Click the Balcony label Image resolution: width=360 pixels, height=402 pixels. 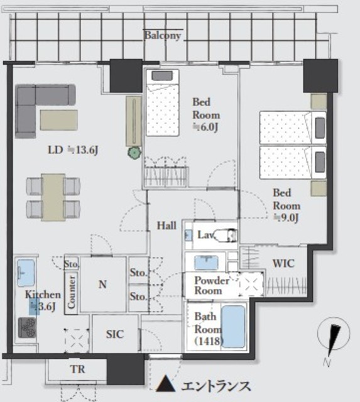point(163,35)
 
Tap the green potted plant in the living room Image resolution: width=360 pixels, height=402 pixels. point(134,153)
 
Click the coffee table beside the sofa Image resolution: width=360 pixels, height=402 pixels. point(58,120)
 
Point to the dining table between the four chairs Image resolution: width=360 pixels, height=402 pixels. point(53,197)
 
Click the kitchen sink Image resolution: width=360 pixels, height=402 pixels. point(26,273)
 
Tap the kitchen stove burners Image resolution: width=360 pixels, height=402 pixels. point(27,327)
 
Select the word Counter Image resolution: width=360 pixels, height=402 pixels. point(71,292)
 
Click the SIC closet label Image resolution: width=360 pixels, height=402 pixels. point(114,334)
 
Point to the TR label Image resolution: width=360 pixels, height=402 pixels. point(77,369)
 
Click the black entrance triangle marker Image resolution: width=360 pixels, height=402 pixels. point(166,384)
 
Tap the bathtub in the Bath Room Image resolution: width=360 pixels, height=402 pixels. point(233,327)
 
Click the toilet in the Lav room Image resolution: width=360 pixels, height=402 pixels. point(225,236)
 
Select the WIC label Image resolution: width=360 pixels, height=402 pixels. point(283,263)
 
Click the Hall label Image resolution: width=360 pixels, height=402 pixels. point(166,225)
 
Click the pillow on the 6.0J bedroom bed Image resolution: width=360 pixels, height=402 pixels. point(162,75)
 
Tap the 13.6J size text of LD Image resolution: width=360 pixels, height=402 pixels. point(84,150)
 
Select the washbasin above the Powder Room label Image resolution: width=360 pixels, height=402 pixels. point(207,263)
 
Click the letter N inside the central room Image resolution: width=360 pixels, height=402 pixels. point(102,284)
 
